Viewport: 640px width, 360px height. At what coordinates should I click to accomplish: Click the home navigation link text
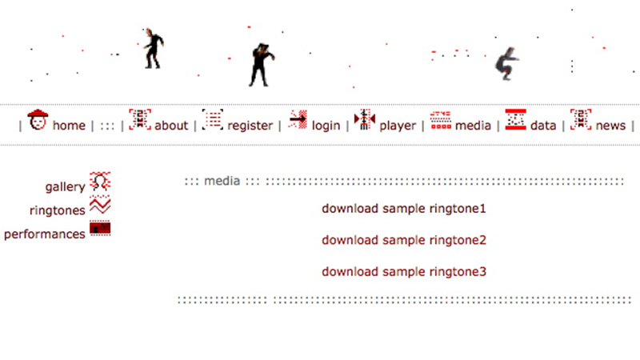(69, 126)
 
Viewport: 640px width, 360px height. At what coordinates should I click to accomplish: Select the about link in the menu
(171, 126)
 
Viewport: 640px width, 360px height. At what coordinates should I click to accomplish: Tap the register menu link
(250, 126)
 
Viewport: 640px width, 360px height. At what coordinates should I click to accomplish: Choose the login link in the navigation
(326, 126)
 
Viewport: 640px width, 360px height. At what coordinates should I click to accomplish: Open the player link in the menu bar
(398, 126)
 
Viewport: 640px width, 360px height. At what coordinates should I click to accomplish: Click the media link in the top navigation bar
(473, 126)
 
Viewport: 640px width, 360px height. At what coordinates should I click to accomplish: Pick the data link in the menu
(543, 126)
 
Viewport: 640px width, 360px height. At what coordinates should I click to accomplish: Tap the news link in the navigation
(610, 126)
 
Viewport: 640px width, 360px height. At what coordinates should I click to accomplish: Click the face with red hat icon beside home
(38, 120)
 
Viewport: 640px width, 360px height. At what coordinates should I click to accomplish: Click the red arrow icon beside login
(298, 120)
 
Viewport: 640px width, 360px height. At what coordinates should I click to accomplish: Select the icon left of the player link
(365, 120)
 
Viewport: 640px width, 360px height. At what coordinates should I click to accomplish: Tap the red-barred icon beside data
(515, 120)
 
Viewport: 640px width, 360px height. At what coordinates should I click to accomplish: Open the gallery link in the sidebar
(65, 186)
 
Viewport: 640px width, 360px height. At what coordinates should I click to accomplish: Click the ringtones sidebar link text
(57, 210)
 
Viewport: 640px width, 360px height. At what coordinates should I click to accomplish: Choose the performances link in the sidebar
(45, 234)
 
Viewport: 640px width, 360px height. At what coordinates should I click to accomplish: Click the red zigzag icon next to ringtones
(100, 206)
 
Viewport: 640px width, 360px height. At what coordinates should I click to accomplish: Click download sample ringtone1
(404, 209)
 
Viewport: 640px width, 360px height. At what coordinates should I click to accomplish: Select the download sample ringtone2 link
(404, 240)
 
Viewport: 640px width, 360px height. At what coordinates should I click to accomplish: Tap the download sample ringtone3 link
(404, 272)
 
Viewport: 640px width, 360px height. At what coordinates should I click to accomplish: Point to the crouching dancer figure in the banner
(507, 62)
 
